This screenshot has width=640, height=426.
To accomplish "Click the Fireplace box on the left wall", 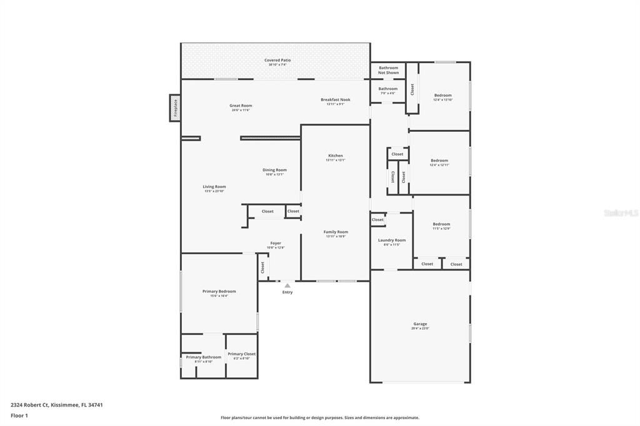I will [175, 108].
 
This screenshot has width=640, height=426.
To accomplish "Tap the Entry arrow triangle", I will [287, 285].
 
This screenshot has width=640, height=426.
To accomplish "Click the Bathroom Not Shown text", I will [388, 70].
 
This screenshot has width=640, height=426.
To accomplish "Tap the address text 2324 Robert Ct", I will [57, 405].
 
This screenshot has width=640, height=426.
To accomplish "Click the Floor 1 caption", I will [19, 415].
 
